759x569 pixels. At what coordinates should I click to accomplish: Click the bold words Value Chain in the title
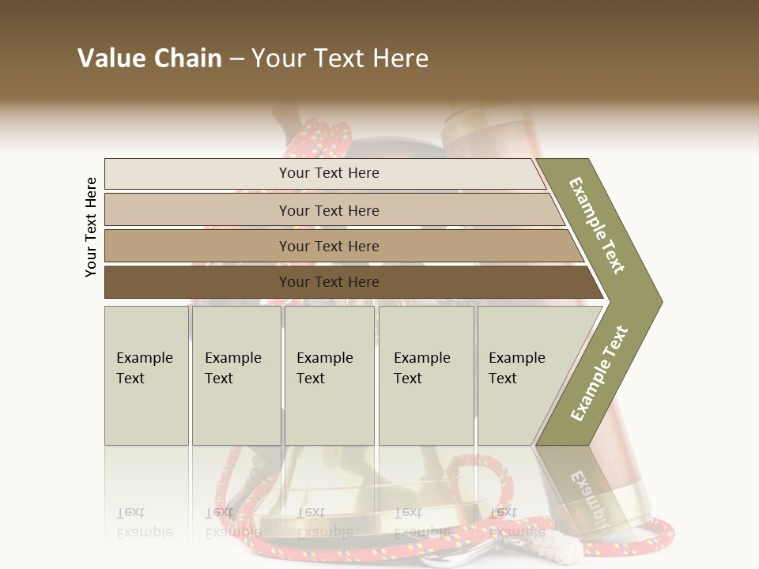[149, 58]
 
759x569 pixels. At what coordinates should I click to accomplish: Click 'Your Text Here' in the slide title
[340, 58]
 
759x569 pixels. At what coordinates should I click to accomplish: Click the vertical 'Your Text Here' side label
[91, 227]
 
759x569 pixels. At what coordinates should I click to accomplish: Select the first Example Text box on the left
[146, 375]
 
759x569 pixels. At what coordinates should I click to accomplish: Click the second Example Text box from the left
[236, 375]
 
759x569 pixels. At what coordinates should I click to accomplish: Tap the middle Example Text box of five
[329, 375]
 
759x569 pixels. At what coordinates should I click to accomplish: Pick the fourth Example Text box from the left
[426, 375]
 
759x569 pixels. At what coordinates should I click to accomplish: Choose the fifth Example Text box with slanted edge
[522, 375]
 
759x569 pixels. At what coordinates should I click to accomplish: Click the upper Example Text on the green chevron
[597, 225]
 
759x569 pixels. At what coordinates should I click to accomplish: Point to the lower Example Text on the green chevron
[599, 373]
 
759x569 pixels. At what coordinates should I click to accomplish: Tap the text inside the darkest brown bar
[329, 282]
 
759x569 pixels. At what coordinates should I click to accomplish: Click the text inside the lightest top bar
[329, 173]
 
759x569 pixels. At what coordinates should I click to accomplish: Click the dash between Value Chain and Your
[236, 59]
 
